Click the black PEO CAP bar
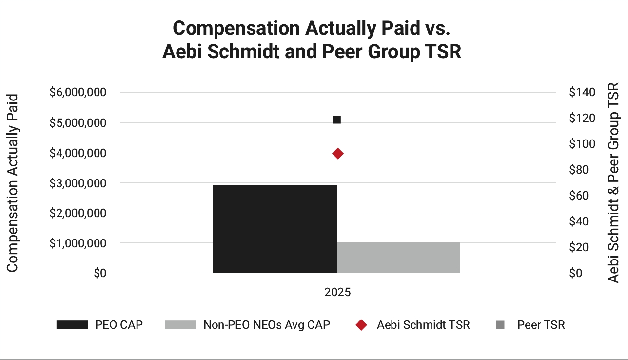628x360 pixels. pyautogui.click(x=275, y=229)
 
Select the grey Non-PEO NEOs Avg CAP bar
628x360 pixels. pyautogui.click(x=398, y=258)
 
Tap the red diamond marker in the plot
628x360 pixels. pyautogui.click(x=337, y=154)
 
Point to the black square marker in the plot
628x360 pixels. pyautogui.click(x=336, y=120)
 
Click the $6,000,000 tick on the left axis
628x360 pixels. pyautogui.click(x=78, y=92)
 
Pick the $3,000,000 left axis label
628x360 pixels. pyautogui.click(x=78, y=183)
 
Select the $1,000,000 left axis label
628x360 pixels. pyautogui.click(x=78, y=243)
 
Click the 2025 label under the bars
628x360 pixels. pyautogui.click(x=337, y=293)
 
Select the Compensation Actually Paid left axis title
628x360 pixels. pyautogui.click(x=13, y=182)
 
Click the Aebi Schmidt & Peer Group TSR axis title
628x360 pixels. pyautogui.click(x=614, y=182)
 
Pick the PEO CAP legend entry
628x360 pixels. pyautogui.click(x=99, y=325)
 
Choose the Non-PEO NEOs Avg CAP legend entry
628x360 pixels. pyautogui.click(x=247, y=325)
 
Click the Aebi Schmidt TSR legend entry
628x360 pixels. pyautogui.click(x=412, y=325)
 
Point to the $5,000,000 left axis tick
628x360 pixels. pyautogui.click(x=78, y=123)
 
